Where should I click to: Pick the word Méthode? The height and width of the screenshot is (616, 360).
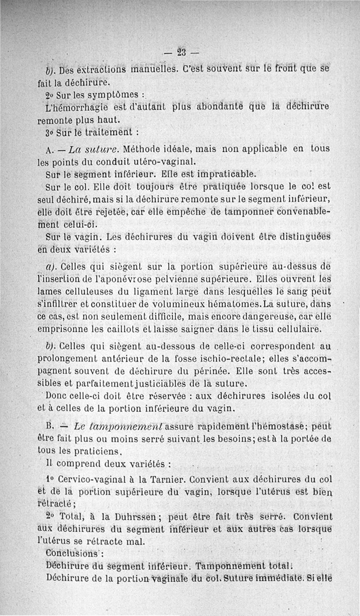click(x=144, y=149)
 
